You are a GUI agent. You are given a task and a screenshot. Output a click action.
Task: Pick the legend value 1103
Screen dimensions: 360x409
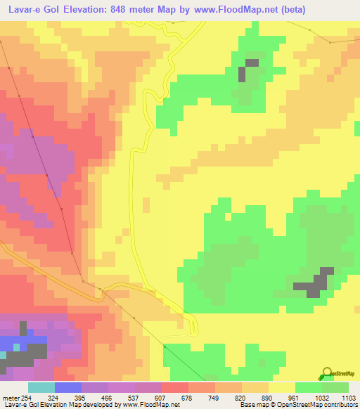tap(348, 398)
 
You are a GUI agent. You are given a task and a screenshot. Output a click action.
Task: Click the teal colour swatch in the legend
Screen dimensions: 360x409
tap(41, 387)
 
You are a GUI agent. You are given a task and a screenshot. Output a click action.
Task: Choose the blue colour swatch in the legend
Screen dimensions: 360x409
tap(68, 387)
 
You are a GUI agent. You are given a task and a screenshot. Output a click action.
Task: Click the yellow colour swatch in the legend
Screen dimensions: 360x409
tap(281, 387)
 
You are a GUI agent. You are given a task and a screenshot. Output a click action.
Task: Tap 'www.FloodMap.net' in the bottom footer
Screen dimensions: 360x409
tap(150, 405)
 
